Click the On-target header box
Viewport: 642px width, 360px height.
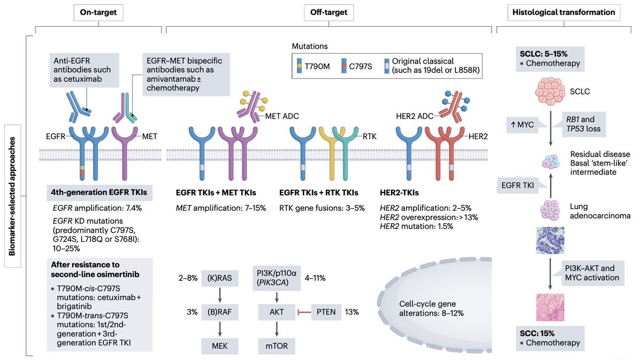(98, 13)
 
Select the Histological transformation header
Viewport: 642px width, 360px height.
(564, 13)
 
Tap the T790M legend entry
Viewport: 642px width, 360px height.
(314, 66)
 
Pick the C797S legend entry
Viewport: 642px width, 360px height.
(357, 66)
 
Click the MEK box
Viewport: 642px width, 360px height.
(219, 346)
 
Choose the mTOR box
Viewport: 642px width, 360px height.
(277, 346)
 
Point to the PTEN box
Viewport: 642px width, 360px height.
(326, 312)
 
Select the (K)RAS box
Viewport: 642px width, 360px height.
(219, 278)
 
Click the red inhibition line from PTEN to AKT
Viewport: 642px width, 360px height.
(304, 312)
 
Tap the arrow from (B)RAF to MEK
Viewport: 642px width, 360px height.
(220, 329)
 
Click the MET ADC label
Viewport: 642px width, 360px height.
(282, 116)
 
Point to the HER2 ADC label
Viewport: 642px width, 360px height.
(415, 116)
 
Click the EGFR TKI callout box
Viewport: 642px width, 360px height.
(518, 186)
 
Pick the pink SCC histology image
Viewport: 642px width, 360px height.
(550, 307)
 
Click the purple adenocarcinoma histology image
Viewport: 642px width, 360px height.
(550, 240)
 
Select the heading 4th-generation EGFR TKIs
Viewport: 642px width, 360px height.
(99, 193)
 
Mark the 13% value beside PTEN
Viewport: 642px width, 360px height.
(351, 312)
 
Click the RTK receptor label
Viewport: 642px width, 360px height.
(370, 136)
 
